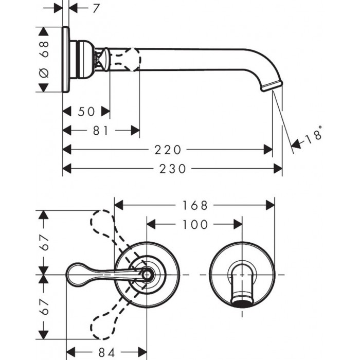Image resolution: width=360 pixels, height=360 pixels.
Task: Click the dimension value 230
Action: [172, 169]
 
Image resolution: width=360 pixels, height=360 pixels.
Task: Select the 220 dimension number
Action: [168, 150]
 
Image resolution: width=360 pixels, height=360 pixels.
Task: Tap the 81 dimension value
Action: [101, 131]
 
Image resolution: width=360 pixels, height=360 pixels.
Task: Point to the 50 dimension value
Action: [86, 112]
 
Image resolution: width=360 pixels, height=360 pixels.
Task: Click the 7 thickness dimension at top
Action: [97, 9]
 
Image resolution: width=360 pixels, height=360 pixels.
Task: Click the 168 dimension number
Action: [195, 205]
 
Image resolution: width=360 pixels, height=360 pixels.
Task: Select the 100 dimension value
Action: [195, 224]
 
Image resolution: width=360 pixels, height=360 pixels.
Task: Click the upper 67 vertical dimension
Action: [44, 242]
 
